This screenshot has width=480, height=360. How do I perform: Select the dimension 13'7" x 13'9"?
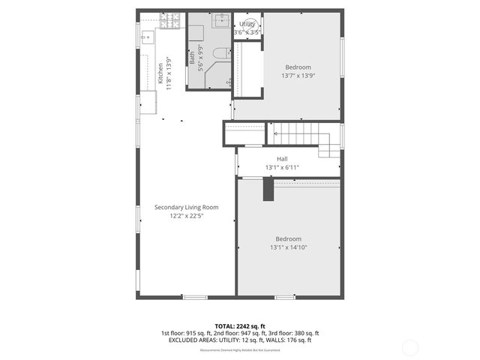(x=297, y=76)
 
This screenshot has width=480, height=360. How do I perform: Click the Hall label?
(x=282, y=158)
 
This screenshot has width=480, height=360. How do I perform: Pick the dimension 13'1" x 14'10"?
(x=289, y=247)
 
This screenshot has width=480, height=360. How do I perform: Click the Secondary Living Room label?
(x=186, y=207)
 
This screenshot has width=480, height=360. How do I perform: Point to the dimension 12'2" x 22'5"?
(x=186, y=216)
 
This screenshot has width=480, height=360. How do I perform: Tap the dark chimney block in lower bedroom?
(x=268, y=190)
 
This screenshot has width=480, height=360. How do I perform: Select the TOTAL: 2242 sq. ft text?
(x=239, y=325)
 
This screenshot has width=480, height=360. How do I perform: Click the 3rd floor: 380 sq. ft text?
(x=295, y=333)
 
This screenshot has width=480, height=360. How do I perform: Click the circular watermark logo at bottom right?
(x=409, y=347)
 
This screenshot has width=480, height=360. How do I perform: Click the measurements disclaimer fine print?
(x=239, y=350)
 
